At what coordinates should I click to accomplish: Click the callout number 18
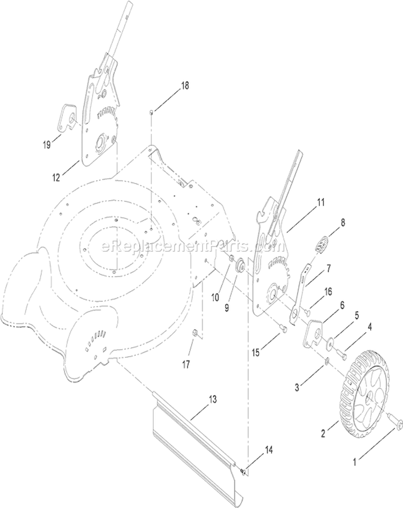point(185,86)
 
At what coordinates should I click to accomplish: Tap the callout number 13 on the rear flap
point(212,400)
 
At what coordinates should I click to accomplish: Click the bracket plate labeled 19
point(68,119)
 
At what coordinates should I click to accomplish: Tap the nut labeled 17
point(196,333)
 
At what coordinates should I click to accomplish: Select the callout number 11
point(320,202)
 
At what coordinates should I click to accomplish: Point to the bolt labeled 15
point(283,328)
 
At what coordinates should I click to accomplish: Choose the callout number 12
point(56,178)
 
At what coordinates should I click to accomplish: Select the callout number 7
point(328,269)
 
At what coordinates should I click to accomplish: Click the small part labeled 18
point(152,112)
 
